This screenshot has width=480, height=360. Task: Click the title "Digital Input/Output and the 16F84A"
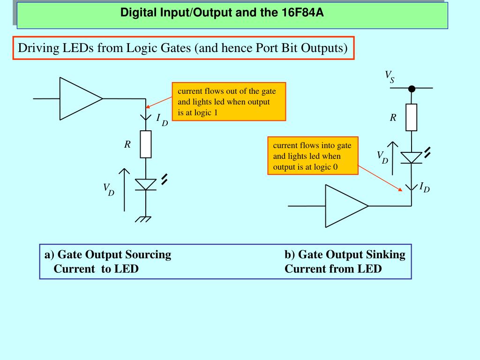tap(222, 12)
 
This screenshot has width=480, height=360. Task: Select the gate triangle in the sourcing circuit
tap(80, 99)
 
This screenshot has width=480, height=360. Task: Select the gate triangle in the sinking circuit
tap(346, 206)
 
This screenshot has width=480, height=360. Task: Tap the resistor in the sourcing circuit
tap(146, 144)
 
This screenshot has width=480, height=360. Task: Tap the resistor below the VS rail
tap(411, 117)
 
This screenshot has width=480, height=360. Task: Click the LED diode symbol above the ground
tap(146, 184)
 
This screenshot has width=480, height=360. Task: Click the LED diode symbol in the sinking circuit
tap(411, 157)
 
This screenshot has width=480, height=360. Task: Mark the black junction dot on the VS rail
tap(411, 88)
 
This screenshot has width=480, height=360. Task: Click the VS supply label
tap(390, 76)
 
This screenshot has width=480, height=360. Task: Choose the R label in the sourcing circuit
tap(127, 145)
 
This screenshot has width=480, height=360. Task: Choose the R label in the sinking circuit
tap(393, 118)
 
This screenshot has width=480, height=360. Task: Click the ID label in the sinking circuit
tap(424, 187)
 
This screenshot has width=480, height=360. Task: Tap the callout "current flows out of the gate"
tap(227, 91)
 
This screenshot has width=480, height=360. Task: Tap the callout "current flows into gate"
tap(312, 146)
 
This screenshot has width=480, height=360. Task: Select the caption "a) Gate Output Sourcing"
tap(108, 255)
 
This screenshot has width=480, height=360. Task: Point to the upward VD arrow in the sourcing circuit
tap(125, 189)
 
